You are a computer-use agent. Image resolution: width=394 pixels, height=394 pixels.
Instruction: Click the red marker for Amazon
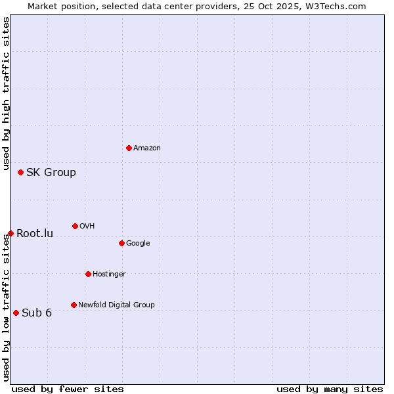[129, 148]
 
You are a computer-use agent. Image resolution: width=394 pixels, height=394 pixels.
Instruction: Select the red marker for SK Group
[20, 172]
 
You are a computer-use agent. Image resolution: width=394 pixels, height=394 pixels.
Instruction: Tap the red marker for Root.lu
[11, 233]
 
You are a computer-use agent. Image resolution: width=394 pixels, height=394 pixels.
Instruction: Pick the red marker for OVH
[75, 226]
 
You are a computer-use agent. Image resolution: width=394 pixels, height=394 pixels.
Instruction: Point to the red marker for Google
[121, 243]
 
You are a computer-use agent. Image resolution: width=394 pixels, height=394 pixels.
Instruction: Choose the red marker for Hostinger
[88, 274]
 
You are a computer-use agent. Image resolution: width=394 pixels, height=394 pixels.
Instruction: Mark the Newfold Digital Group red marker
[74, 305]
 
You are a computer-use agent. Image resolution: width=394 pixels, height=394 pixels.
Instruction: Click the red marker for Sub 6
[16, 313]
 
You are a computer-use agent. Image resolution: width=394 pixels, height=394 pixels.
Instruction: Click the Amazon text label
[147, 148]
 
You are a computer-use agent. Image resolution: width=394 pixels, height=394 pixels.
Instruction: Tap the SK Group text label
[51, 173]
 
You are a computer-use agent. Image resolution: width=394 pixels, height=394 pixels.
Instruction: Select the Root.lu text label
[35, 234]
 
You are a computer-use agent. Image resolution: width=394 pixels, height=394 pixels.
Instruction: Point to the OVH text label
[87, 227]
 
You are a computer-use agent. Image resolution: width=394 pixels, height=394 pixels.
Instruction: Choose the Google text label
[138, 244]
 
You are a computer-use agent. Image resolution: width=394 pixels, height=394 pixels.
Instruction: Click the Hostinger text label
[109, 274]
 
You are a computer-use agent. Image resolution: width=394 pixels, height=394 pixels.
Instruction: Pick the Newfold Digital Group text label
[116, 305]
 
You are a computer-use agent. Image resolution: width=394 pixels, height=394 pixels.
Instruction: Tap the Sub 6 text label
[37, 313]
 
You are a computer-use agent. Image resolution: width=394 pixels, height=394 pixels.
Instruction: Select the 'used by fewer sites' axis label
[68, 389]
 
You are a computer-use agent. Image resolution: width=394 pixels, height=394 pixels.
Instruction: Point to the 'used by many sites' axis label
[330, 389]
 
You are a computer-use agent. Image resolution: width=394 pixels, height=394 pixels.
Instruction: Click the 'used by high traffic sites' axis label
[6, 94]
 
